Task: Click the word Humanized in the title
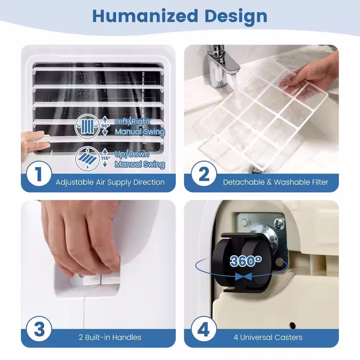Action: click(x=145, y=16)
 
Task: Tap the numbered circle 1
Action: click(x=39, y=174)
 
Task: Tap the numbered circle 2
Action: click(x=204, y=174)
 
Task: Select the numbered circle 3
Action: click(x=39, y=329)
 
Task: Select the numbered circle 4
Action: click(x=204, y=329)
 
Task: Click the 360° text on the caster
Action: click(x=246, y=261)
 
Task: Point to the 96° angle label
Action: click(x=105, y=126)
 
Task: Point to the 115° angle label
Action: click(x=105, y=158)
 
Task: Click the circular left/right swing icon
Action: click(x=87, y=126)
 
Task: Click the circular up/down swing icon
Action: click(x=87, y=158)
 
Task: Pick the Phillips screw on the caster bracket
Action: click(x=279, y=223)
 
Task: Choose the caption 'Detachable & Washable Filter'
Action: click(x=275, y=182)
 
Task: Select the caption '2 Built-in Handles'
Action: click(x=110, y=337)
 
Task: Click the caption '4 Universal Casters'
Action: click(x=268, y=337)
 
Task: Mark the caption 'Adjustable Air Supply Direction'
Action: click(x=110, y=182)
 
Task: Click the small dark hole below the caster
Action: click(x=292, y=325)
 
